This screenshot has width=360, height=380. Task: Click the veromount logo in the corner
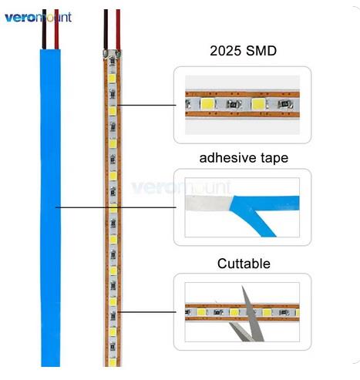pyautogui.click(x=38, y=18)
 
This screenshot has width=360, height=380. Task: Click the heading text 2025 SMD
pyautogui.click(x=243, y=51)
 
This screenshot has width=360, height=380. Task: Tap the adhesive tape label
pyautogui.click(x=244, y=158)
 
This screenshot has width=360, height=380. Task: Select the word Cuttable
pyautogui.click(x=244, y=264)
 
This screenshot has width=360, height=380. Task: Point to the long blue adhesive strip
pyautogui.click(x=50, y=207)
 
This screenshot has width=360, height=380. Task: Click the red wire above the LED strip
pyautogui.click(x=118, y=29)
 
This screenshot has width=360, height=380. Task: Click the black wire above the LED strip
pyautogui.click(x=106, y=29)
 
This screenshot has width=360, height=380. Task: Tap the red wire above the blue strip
pyautogui.click(x=56, y=29)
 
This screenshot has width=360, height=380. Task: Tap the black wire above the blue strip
pyautogui.click(x=44, y=29)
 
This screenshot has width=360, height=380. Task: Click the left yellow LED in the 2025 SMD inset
pyautogui.click(x=207, y=104)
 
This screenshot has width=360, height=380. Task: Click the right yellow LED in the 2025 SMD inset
pyautogui.click(x=258, y=104)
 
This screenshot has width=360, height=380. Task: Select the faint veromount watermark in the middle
pyautogui.click(x=181, y=187)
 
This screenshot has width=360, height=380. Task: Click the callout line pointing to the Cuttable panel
pyautogui.click(x=147, y=312)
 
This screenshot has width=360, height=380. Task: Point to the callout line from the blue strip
pyautogui.click(x=116, y=207)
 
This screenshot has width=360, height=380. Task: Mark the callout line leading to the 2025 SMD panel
pyautogui.click(x=146, y=105)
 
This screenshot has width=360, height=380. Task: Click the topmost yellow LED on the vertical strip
pyautogui.click(x=112, y=79)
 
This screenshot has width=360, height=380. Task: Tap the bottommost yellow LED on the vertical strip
pyautogui.click(x=113, y=362)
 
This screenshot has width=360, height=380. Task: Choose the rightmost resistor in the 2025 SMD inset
pyautogui.click(x=285, y=104)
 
